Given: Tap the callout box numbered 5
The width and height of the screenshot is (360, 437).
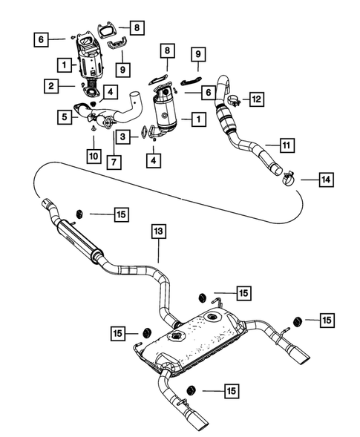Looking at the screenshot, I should click(x=65, y=116).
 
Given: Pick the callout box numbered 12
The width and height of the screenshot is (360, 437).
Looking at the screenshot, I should click(x=256, y=98).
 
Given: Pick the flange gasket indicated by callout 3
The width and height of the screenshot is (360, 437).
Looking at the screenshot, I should click(x=153, y=134).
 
